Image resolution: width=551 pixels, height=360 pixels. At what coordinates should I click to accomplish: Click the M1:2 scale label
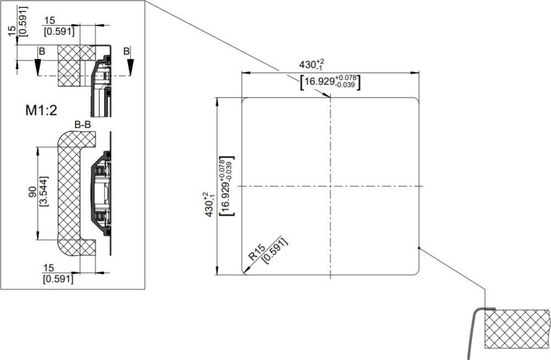click(41, 110)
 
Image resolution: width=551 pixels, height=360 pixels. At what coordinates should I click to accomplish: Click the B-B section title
click(83, 125)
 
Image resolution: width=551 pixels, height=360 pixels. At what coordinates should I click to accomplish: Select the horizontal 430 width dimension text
click(311, 65)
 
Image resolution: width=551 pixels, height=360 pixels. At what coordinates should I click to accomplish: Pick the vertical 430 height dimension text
click(209, 205)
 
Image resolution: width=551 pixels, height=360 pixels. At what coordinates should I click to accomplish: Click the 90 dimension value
click(33, 192)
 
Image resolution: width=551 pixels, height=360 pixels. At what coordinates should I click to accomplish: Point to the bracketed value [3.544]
click(44, 191)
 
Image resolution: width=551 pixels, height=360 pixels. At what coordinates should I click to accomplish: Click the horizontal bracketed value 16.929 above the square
click(330, 82)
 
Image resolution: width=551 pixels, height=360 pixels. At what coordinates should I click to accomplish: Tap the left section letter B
click(42, 51)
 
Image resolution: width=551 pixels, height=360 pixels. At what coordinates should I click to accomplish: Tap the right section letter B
click(127, 51)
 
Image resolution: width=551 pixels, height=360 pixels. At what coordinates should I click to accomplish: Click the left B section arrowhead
click(37, 67)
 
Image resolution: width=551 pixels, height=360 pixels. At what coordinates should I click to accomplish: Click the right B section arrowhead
click(131, 67)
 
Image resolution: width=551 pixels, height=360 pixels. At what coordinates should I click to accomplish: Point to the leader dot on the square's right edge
click(419, 248)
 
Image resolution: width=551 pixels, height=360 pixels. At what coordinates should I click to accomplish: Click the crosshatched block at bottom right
click(517, 329)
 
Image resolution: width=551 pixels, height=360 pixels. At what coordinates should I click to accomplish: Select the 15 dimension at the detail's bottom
click(49, 268)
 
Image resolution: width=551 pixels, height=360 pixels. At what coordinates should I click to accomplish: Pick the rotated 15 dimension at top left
click(12, 30)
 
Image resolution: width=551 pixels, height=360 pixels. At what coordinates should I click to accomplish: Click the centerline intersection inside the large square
click(330, 186)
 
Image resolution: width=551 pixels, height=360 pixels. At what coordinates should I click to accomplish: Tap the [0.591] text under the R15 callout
click(275, 251)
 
